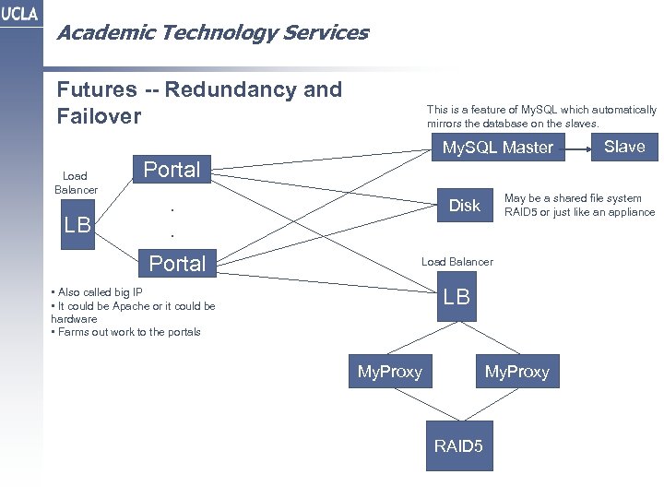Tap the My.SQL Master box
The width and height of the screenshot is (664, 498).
pyautogui.click(x=497, y=148)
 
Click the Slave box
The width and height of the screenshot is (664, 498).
pyautogui.click(x=624, y=147)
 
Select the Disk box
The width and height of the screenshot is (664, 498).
pyautogui.click(x=464, y=206)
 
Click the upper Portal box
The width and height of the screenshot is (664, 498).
pyautogui.click(x=172, y=170)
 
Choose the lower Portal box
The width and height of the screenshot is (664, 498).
pyautogui.click(x=177, y=264)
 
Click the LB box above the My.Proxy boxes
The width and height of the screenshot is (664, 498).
pyautogui.click(x=456, y=297)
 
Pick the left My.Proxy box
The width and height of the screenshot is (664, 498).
pyautogui.click(x=389, y=372)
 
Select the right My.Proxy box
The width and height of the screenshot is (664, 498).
pyautogui.click(x=516, y=372)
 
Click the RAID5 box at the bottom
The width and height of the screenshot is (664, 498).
pyautogui.click(x=458, y=446)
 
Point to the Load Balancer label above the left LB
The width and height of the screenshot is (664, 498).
pyautogui.click(x=75, y=183)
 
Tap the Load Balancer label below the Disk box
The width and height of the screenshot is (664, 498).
pyautogui.click(x=456, y=262)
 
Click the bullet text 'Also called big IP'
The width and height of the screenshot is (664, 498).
pyautogui.click(x=100, y=292)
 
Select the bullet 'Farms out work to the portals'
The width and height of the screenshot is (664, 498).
pyautogui.click(x=128, y=332)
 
